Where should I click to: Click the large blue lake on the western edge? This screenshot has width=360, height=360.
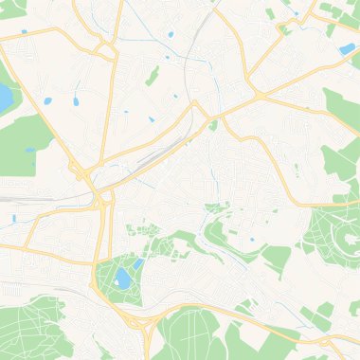(x=6, y=98)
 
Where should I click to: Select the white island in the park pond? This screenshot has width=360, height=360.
(x=122, y=278)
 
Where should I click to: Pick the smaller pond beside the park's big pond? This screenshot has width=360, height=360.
(x=139, y=264)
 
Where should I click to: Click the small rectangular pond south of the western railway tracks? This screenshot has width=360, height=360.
(x=13, y=219)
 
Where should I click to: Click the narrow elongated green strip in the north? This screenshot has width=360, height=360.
(x=152, y=76)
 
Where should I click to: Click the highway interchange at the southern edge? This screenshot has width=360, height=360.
(x=142, y=327)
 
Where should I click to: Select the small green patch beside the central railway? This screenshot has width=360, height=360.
(x=214, y=124)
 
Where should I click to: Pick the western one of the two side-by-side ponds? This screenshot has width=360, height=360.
(x=46, y=100)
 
